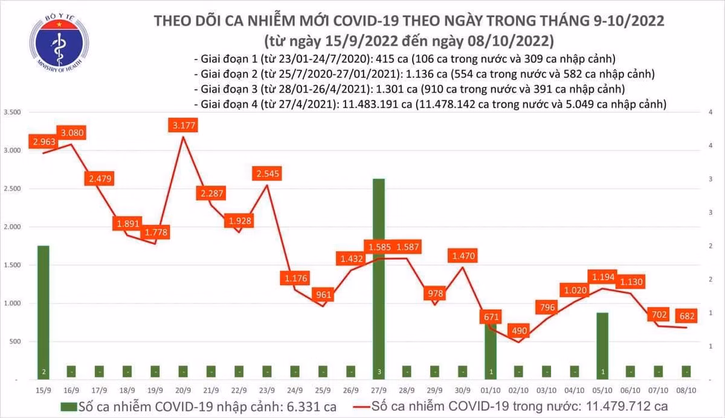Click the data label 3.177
click(185, 126)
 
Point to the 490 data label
click(518, 331)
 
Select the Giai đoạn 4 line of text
click(430, 104)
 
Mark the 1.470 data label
click(463, 256)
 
